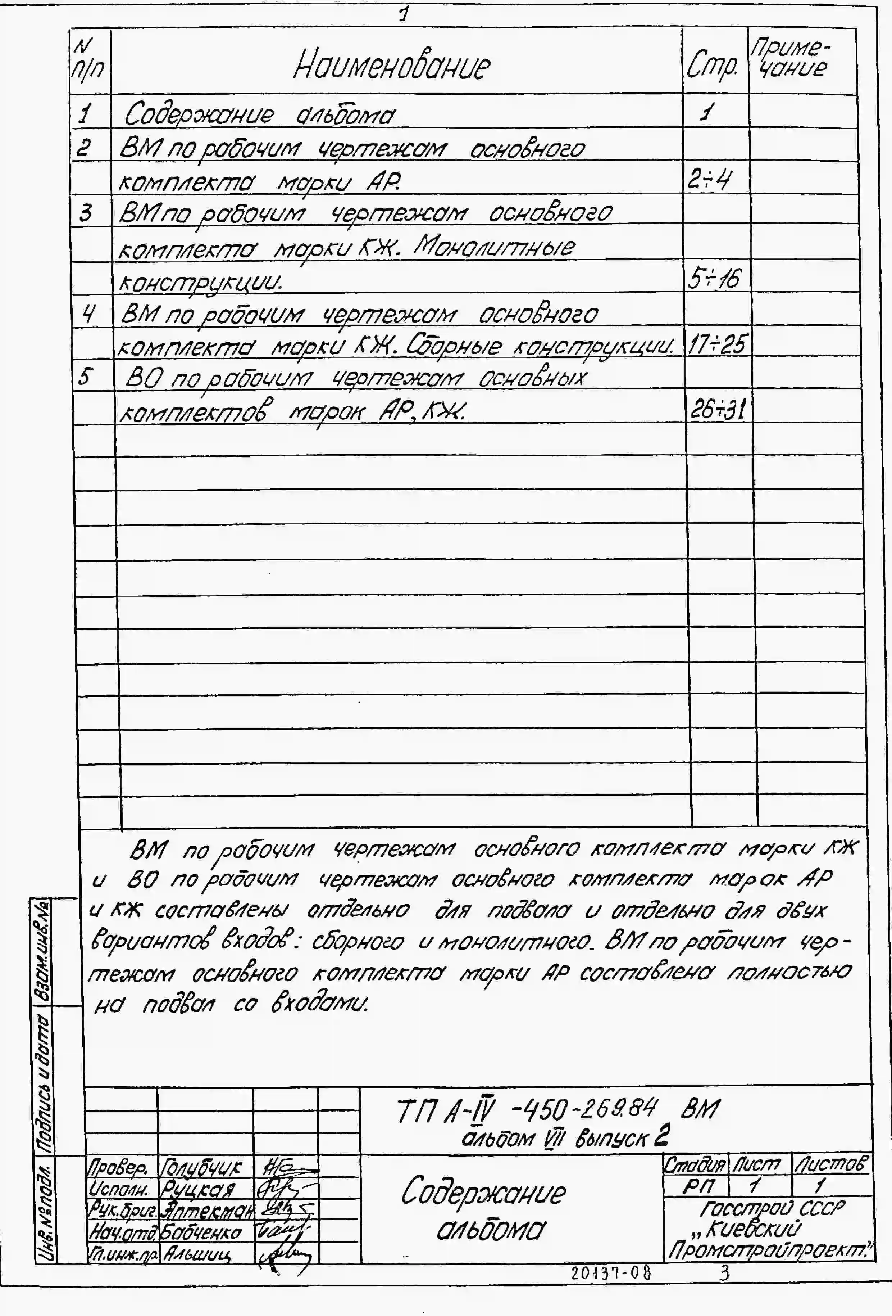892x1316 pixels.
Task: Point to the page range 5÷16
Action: coord(714,278)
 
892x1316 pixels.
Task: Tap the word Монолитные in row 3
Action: coord(494,246)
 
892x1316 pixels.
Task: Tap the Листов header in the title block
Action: coord(830,1165)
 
